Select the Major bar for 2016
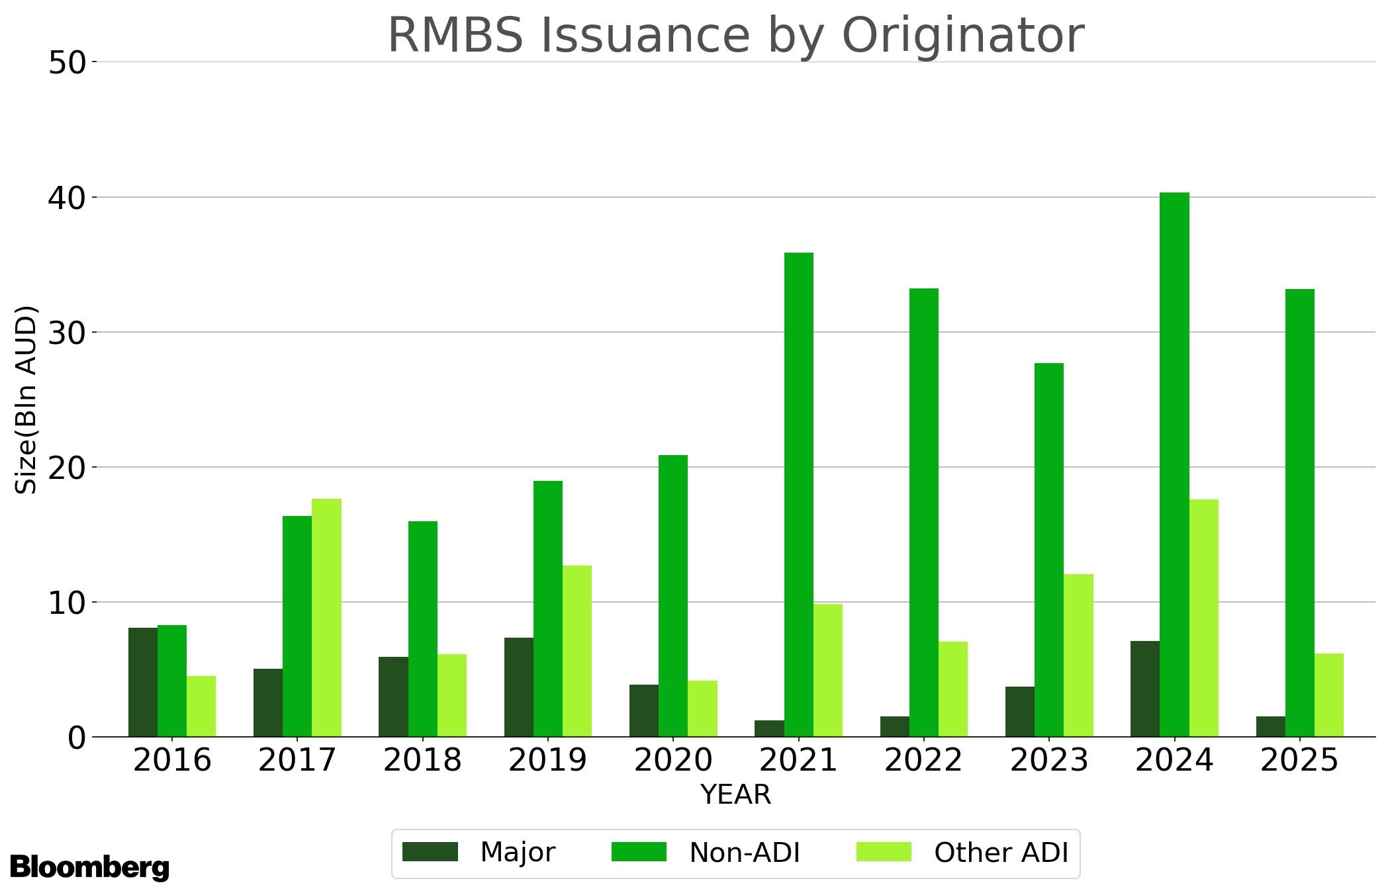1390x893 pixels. (x=143, y=682)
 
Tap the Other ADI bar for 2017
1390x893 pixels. (x=326, y=618)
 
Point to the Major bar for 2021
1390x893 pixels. (x=769, y=728)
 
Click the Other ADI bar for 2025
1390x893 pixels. (x=1329, y=695)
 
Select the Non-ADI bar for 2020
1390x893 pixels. (x=673, y=596)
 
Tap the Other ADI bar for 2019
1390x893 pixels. (x=577, y=651)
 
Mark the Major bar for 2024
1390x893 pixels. (x=1145, y=689)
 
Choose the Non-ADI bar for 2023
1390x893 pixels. (x=1049, y=550)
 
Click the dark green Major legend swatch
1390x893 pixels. (x=430, y=852)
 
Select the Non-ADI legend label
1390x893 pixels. (x=745, y=853)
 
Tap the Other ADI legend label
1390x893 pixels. (x=1001, y=853)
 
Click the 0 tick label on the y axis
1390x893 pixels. (x=77, y=738)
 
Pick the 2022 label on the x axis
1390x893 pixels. (x=923, y=760)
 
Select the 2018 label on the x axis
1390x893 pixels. (x=422, y=760)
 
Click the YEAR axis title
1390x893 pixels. (x=735, y=794)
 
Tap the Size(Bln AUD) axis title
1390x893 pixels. (x=26, y=400)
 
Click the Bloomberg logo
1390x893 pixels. (x=89, y=867)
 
